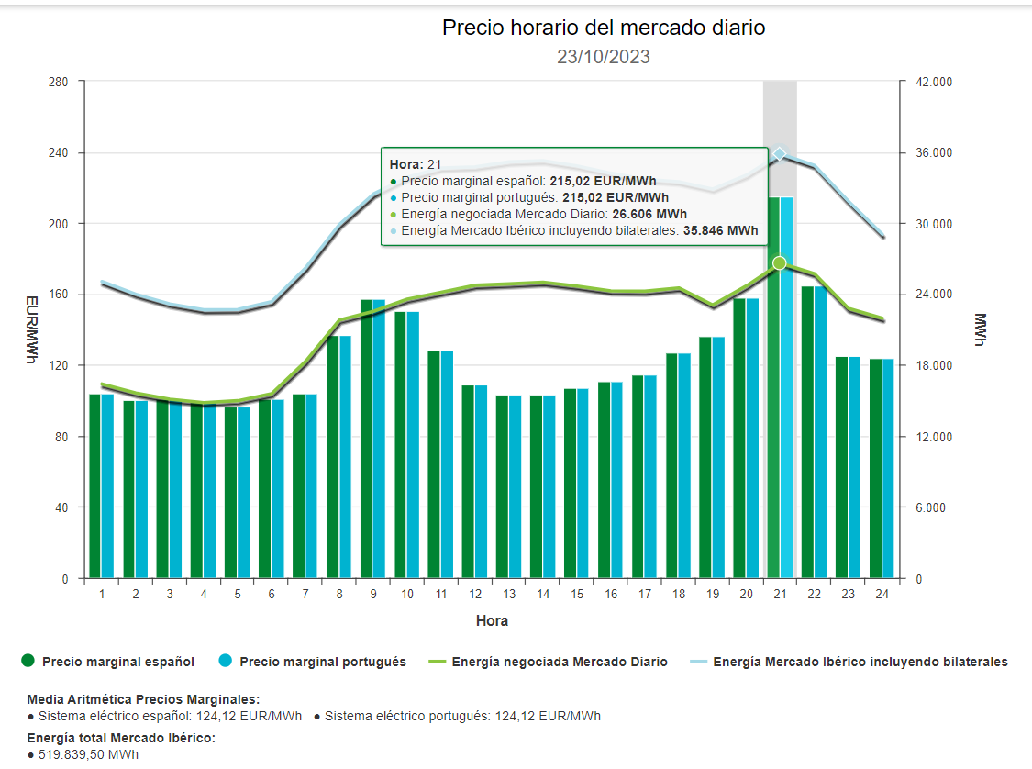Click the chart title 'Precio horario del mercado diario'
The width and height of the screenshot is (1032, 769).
click(603, 28)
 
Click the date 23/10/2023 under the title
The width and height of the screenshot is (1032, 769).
click(603, 57)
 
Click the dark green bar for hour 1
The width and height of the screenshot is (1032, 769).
click(95, 486)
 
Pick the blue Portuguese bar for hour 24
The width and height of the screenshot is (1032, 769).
click(887, 468)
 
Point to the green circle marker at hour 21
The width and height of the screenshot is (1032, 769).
click(780, 263)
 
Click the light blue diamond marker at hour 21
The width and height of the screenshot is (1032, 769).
click(780, 154)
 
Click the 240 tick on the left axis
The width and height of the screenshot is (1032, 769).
click(59, 153)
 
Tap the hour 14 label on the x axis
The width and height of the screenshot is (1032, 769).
click(543, 594)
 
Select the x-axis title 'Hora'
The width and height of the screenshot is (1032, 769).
click(492, 620)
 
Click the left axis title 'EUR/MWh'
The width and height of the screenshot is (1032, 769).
click(31, 329)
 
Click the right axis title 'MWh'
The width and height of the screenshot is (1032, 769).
click(981, 329)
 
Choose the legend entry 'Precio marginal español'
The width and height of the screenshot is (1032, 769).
click(117, 661)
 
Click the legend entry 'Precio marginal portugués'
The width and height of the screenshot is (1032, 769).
click(322, 661)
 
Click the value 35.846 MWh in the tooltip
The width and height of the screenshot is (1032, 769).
click(719, 231)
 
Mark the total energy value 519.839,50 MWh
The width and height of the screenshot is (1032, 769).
click(89, 754)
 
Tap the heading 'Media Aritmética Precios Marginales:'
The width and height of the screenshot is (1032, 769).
click(143, 698)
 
